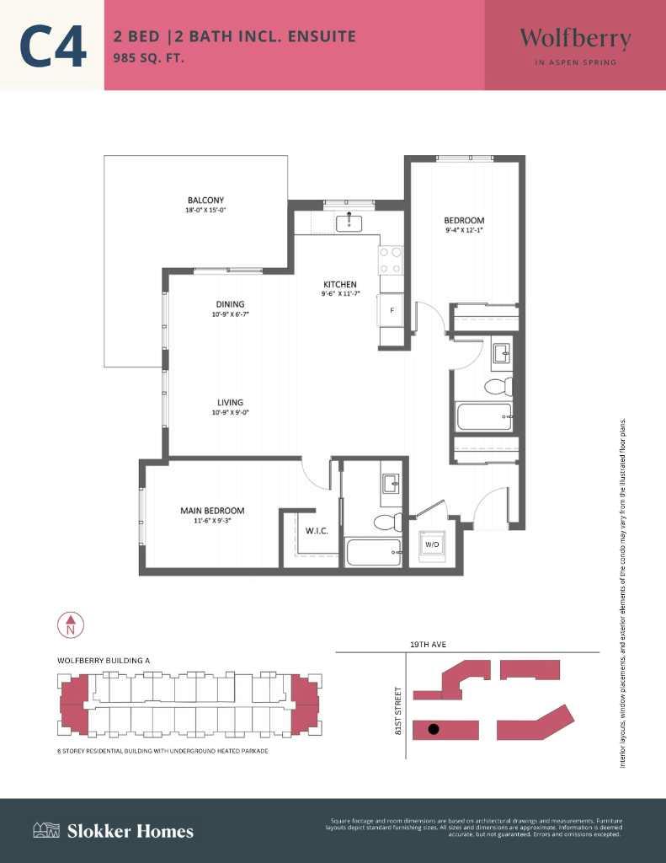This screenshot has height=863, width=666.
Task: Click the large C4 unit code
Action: [x=53, y=46]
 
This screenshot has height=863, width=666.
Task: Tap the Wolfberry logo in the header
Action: [x=575, y=39]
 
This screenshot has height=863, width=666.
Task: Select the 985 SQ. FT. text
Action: [x=149, y=59]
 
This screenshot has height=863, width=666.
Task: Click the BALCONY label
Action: [x=205, y=200]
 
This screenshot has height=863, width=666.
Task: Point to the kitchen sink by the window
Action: [x=349, y=223]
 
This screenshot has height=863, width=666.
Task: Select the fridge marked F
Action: [x=392, y=309]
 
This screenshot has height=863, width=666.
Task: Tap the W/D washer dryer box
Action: [x=432, y=544]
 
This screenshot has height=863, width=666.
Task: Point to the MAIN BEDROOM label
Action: [x=212, y=511]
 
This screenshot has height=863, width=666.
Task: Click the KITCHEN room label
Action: [x=340, y=284]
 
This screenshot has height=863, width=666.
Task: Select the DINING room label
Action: [x=229, y=304]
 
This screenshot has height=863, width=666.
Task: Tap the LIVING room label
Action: [x=230, y=403]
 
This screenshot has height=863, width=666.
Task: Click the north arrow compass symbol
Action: [x=71, y=625]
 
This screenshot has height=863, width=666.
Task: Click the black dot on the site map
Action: [x=433, y=729]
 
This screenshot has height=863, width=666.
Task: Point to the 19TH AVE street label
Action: [x=428, y=645]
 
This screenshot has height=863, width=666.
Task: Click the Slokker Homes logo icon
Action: [x=45, y=831]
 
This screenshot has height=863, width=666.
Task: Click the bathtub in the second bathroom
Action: [x=483, y=416]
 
